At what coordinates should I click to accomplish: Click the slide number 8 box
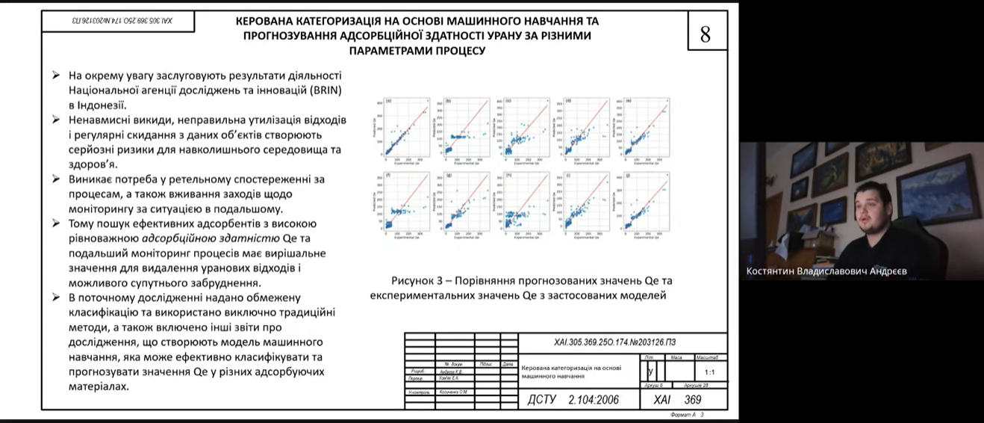(706, 34)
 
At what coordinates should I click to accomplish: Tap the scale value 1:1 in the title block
(710, 371)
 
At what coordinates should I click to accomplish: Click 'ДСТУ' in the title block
(543, 399)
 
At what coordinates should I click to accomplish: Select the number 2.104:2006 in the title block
(594, 399)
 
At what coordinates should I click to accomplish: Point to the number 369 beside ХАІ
(693, 400)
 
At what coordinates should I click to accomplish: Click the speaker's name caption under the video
(826, 272)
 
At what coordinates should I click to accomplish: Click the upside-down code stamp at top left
(118, 21)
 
